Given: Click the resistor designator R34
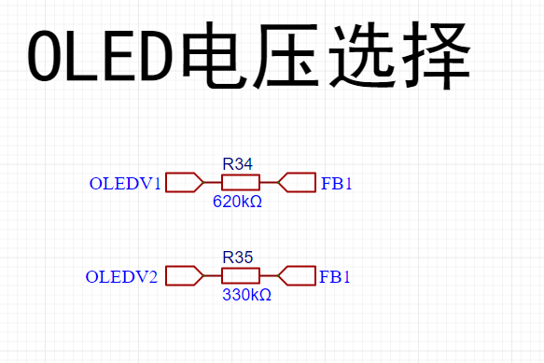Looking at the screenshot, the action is (x=238, y=164).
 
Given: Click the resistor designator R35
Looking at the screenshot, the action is (x=238, y=258).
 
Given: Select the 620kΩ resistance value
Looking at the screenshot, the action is (x=237, y=202).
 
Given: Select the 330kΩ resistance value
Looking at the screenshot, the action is (x=246, y=295).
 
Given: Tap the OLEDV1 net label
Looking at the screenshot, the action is (x=125, y=184).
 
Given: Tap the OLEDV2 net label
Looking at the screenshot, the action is (x=121, y=277).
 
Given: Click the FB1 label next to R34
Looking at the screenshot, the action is (x=337, y=184).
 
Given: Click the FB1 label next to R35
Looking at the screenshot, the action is (x=334, y=277).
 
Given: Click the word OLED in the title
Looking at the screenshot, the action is (x=101, y=56).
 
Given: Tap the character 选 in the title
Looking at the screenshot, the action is (x=361, y=55).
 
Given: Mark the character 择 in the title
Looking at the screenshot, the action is (x=437, y=55).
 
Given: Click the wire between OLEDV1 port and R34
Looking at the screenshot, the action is (x=213, y=182).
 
